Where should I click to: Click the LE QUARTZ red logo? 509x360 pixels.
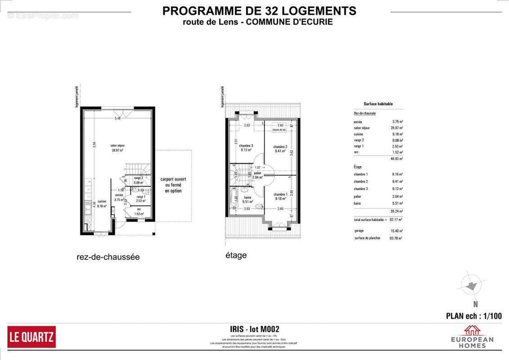[32, 337]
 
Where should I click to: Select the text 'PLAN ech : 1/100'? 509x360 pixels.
[473, 316]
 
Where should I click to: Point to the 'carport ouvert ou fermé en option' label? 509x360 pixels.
[173, 185]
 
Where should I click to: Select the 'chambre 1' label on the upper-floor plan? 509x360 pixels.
[280, 196]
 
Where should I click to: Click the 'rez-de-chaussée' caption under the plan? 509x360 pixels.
[108, 257]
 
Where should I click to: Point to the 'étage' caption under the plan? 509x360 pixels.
[236, 255]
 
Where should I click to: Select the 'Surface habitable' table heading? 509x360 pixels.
[378, 104]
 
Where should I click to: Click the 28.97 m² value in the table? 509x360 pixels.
[397, 128]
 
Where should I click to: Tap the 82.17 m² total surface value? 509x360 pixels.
[396, 220]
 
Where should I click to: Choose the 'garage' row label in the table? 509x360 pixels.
[359, 230]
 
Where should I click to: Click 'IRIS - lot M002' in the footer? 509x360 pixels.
[254, 330]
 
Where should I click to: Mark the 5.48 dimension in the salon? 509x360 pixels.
[118, 118]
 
